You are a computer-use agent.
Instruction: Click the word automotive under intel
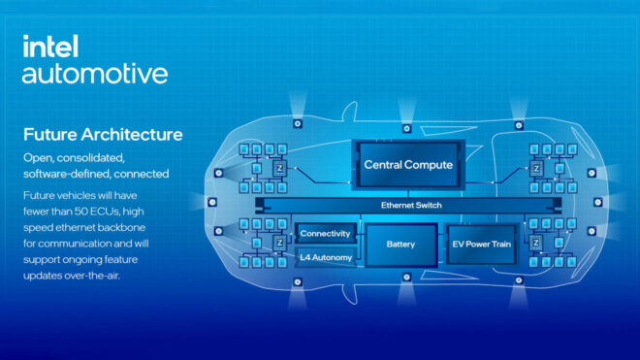94,74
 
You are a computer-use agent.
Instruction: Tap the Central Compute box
408,165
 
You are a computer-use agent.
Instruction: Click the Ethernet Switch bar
408,206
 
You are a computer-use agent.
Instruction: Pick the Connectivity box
326,234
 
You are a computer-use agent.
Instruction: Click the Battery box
400,245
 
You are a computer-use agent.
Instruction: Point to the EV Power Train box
482,245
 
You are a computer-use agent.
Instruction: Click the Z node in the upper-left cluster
278,167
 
